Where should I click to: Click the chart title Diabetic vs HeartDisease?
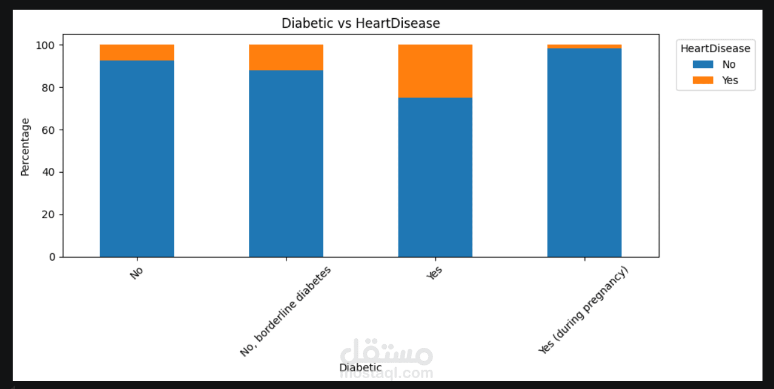[x=360, y=24]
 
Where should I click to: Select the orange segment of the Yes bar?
[x=435, y=71]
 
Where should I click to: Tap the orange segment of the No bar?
[x=137, y=53]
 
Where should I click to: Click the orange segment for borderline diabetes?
[x=286, y=58]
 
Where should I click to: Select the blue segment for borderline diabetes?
[x=286, y=164]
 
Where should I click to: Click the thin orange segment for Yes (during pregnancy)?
[x=584, y=47]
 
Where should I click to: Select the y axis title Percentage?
[x=25, y=147]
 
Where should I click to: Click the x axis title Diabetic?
[x=360, y=367]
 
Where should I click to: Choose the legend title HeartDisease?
[x=715, y=48]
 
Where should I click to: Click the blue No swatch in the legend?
[x=693, y=65]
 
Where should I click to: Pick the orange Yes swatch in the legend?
[x=693, y=80]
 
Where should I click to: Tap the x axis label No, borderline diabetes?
[x=285, y=311]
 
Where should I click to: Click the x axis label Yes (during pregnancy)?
[x=583, y=310]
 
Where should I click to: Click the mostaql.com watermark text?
[x=386, y=373]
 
